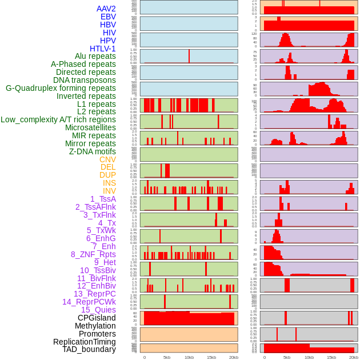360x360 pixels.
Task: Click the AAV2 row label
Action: (x=106, y=9)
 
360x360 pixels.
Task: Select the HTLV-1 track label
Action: (x=102, y=49)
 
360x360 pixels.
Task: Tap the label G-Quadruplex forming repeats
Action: (x=61, y=88)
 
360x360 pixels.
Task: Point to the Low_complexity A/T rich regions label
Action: (x=58, y=119)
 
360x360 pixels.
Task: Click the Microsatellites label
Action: (x=90, y=127)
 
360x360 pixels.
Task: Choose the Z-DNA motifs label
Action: (x=92, y=151)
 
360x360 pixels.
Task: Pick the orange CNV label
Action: (x=107, y=159)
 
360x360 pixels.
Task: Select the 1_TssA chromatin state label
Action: (x=103, y=199)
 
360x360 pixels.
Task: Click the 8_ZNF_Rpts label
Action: (x=93, y=254)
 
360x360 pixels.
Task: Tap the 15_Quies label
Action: (x=98, y=310)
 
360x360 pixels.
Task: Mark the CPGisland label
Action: (x=97, y=318)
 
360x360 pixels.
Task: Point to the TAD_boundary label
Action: (x=89, y=349)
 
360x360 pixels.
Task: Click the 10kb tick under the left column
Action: (x=189, y=357)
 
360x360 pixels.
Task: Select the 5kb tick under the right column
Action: (x=287, y=357)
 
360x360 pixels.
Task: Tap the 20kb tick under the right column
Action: (x=354, y=357)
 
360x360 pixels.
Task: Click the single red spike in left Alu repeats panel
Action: (x=189, y=56)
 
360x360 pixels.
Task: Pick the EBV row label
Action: (x=108, y=17)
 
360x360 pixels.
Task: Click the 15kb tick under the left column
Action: (x=211, y=357)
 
